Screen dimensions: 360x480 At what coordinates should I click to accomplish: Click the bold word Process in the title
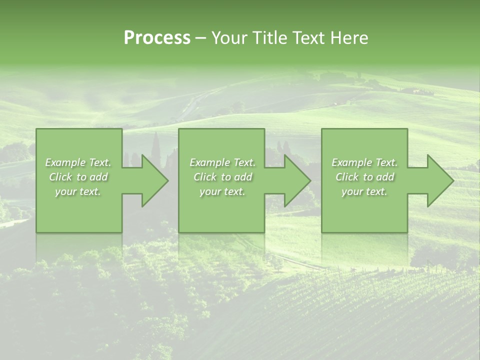[x=157, y=38]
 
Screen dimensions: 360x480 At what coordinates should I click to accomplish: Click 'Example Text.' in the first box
[x=78, y=162]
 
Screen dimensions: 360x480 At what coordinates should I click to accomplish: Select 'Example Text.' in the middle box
[x=222, y=162]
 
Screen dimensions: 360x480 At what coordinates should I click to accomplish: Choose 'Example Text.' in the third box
[x=364, y=162]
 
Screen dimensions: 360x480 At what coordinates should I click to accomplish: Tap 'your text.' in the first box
[x=78, y=191]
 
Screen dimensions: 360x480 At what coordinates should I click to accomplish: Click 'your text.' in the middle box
[x=222, y=191]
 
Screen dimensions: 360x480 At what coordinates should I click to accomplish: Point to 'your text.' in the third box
[x=364, y=191]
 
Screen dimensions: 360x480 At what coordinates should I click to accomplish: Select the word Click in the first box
[x=60, y=177]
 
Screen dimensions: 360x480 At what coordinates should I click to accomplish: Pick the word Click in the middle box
[x=205, y=177]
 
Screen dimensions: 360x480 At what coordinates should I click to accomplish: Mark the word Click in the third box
[x=347, y=177]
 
